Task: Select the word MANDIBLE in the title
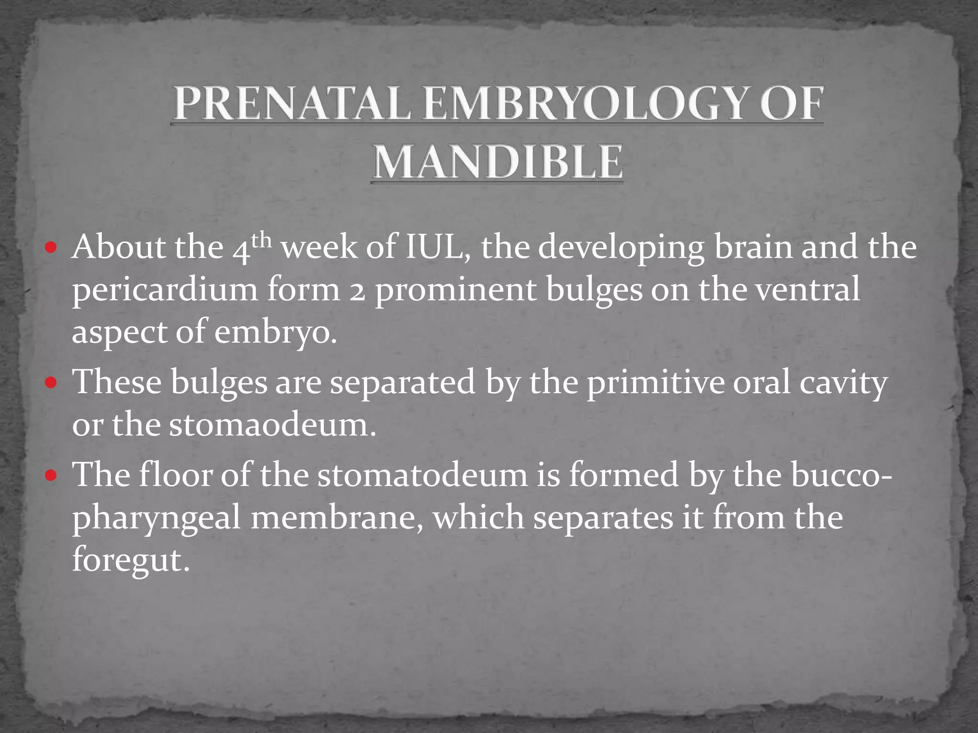coord(498,162)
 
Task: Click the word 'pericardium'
coord(165,290)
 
